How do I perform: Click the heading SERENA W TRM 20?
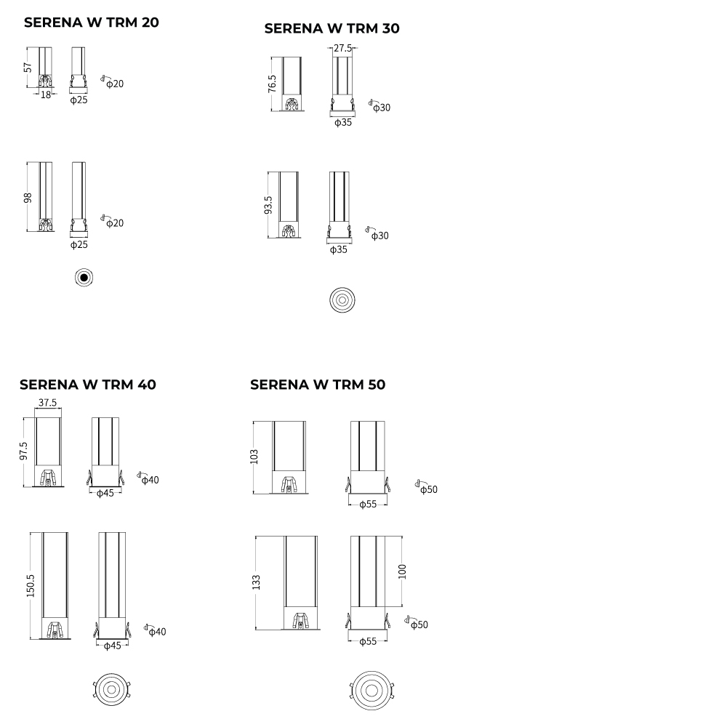point(92,23)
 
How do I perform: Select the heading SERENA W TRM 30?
point(332,28)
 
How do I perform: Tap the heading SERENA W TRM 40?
point(88,385)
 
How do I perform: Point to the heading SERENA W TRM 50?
point(318,385)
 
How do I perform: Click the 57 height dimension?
point(28,67)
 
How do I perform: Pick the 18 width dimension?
point(45,95)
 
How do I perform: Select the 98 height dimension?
point(28,198)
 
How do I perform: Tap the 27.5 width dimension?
point(342,48)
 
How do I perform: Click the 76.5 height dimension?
point(272,84)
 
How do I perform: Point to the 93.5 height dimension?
point(268,205)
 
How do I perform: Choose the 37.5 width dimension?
point(48,403)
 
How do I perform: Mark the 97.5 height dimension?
point(24,451)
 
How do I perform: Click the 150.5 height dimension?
point(31,585)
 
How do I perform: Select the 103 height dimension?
point(254,457)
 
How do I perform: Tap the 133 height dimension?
point(256,583)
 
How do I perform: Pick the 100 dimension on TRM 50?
point(403,571)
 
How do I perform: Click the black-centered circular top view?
point(84,277)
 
